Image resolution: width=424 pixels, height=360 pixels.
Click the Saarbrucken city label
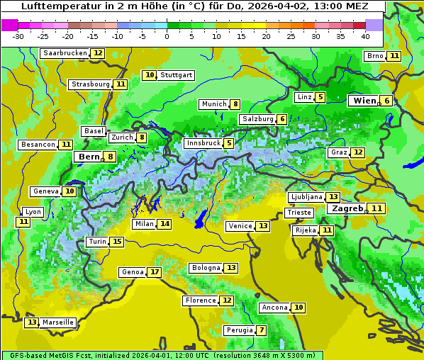click(65, 53)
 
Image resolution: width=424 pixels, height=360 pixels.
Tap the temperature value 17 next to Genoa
click(155, 272)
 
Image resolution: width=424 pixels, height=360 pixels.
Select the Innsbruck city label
click(202, 143)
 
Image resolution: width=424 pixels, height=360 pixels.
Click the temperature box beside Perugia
click(262, 330)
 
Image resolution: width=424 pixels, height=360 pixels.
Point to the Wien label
click(364, 101)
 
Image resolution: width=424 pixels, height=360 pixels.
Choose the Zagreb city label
click(347, 208)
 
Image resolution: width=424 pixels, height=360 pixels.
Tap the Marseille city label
click(58, 322)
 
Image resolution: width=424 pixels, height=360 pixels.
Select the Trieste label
click(299, 213)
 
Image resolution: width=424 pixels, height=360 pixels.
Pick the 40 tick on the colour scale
click(365, 36)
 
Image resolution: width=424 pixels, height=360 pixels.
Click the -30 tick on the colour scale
click(18, 36)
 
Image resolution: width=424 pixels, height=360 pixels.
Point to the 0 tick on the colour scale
click(167, 36)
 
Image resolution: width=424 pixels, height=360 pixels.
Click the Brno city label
click(374, 56)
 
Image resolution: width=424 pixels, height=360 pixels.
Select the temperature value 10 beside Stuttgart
click(149, 75)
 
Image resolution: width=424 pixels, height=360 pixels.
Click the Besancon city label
click(38, 145)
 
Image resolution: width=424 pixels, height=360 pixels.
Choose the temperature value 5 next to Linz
click(320, 97)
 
